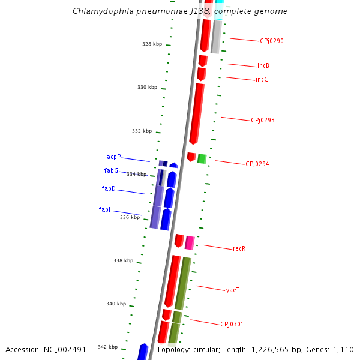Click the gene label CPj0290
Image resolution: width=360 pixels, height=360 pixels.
point(272,41)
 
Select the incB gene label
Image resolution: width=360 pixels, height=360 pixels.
point(263,66)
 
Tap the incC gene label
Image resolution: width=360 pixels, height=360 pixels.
point(262,80)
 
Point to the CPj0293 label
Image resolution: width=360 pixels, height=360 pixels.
point(263,120)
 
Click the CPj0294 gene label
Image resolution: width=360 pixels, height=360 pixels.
point(257,164)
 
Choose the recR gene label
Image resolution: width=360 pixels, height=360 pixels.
point(239,248)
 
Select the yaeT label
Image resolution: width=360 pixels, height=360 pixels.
point(233,290)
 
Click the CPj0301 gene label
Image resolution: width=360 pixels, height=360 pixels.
point(232,325)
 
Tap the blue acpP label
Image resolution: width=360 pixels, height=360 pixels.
point(114,157)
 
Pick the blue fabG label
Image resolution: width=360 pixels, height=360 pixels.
point(111,171)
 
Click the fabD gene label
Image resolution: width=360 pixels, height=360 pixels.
point(109,189)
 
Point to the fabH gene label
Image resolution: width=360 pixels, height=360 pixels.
point(106,210)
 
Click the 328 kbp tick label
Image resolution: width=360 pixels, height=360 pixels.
point(152,44)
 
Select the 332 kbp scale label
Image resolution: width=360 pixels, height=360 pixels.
point(142,131)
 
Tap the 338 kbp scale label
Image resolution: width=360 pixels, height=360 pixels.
point(124,260)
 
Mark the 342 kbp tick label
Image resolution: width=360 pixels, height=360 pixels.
point(108,347)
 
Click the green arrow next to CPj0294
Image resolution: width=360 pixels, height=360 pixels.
point(202,158)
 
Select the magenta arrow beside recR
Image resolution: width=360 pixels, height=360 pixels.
point(190,242)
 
